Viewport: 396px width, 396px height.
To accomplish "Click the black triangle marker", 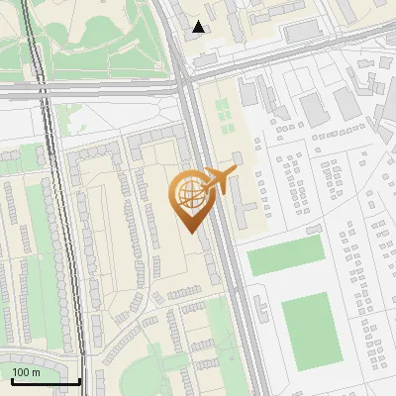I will click(x=199, y=27).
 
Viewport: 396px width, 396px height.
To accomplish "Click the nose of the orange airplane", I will click(x=235, y=170).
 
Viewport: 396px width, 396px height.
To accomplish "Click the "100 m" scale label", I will click(x=26, y=372).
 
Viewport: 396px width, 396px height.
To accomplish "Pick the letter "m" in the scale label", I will click(x=35, y=372).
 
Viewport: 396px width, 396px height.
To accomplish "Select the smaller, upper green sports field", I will click(x=285, y=256).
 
